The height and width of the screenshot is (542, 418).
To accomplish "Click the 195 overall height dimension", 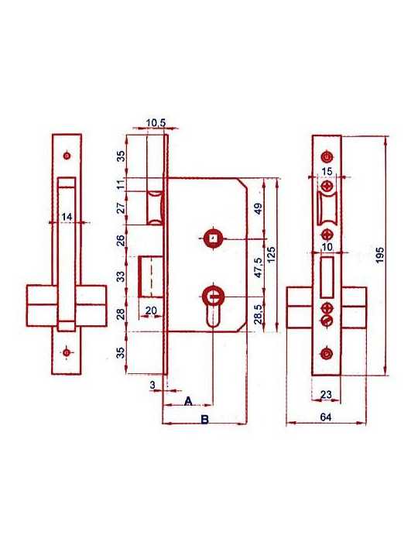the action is (x=380, y=255).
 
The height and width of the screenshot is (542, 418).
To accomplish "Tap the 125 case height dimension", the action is (x=272, y=254).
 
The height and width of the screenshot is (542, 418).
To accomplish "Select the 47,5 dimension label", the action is (x=259, y=268).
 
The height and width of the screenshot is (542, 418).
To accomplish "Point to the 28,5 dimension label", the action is (x=259, y=314).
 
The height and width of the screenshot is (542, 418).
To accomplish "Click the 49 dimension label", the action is (x=259, y=209).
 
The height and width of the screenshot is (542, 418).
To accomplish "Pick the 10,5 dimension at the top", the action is (x=156, y=122).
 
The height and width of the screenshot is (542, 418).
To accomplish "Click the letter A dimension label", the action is (x=188, y=401).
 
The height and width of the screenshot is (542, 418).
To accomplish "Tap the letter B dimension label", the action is (x=205, y=420).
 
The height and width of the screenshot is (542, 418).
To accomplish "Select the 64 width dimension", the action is (x=326, y=417).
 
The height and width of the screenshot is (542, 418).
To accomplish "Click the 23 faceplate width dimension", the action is (x=326, y=394).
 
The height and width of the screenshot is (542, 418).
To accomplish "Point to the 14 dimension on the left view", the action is (x=67, y=217).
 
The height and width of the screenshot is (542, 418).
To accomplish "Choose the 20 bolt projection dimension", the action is (x=151, y=310).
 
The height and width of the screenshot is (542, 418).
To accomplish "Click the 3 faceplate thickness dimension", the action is (x=152, y=385).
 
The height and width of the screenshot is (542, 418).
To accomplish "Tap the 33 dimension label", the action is (x=120, y=276).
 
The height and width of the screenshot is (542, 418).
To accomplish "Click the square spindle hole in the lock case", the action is (x=214, y=238).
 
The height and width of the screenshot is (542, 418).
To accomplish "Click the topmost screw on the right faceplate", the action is (x=327, y=157).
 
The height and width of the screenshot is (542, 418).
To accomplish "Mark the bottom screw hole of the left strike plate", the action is (x=67, y=352).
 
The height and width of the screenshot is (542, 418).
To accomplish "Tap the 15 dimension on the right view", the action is (x=327, y=172).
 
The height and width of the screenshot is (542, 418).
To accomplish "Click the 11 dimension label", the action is (x=120, y=184).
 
